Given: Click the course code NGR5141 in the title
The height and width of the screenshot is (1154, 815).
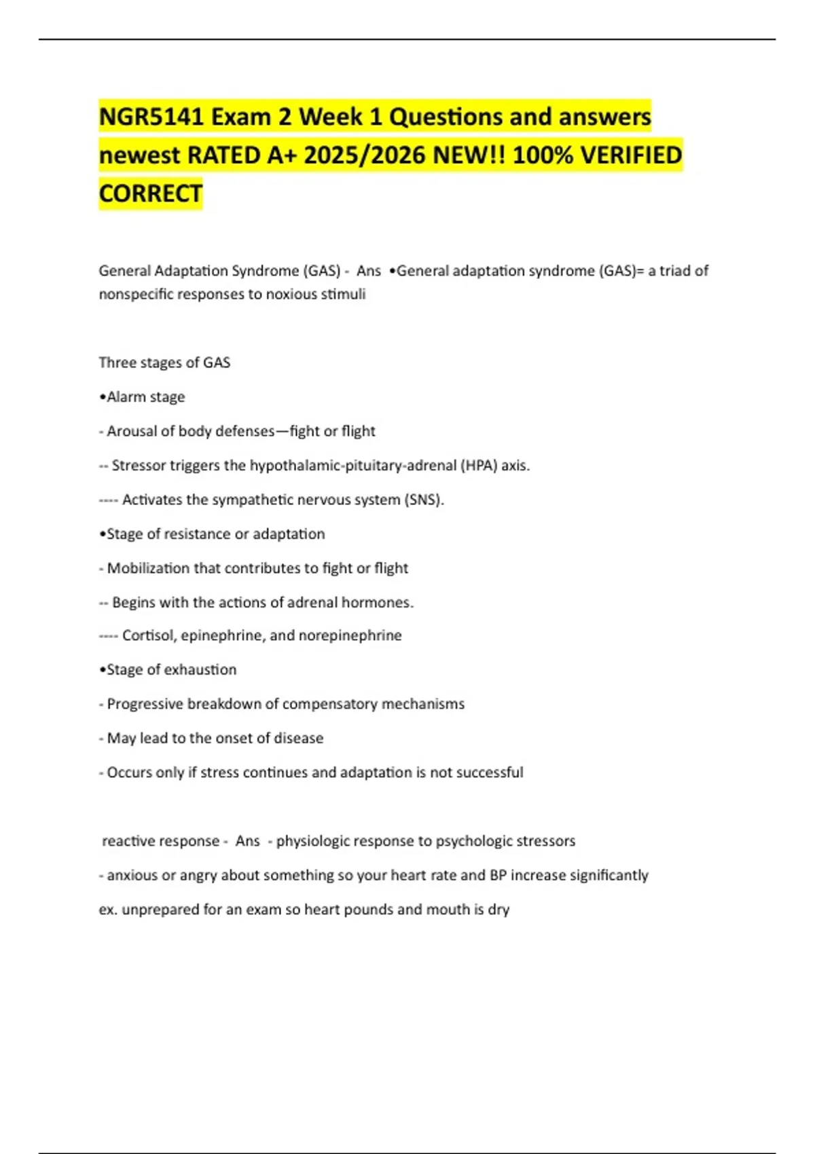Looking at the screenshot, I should pos(151,117).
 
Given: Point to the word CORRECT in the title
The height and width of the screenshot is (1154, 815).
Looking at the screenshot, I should pos(151,194).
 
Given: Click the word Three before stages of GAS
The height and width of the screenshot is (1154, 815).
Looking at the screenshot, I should pos(117,362).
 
